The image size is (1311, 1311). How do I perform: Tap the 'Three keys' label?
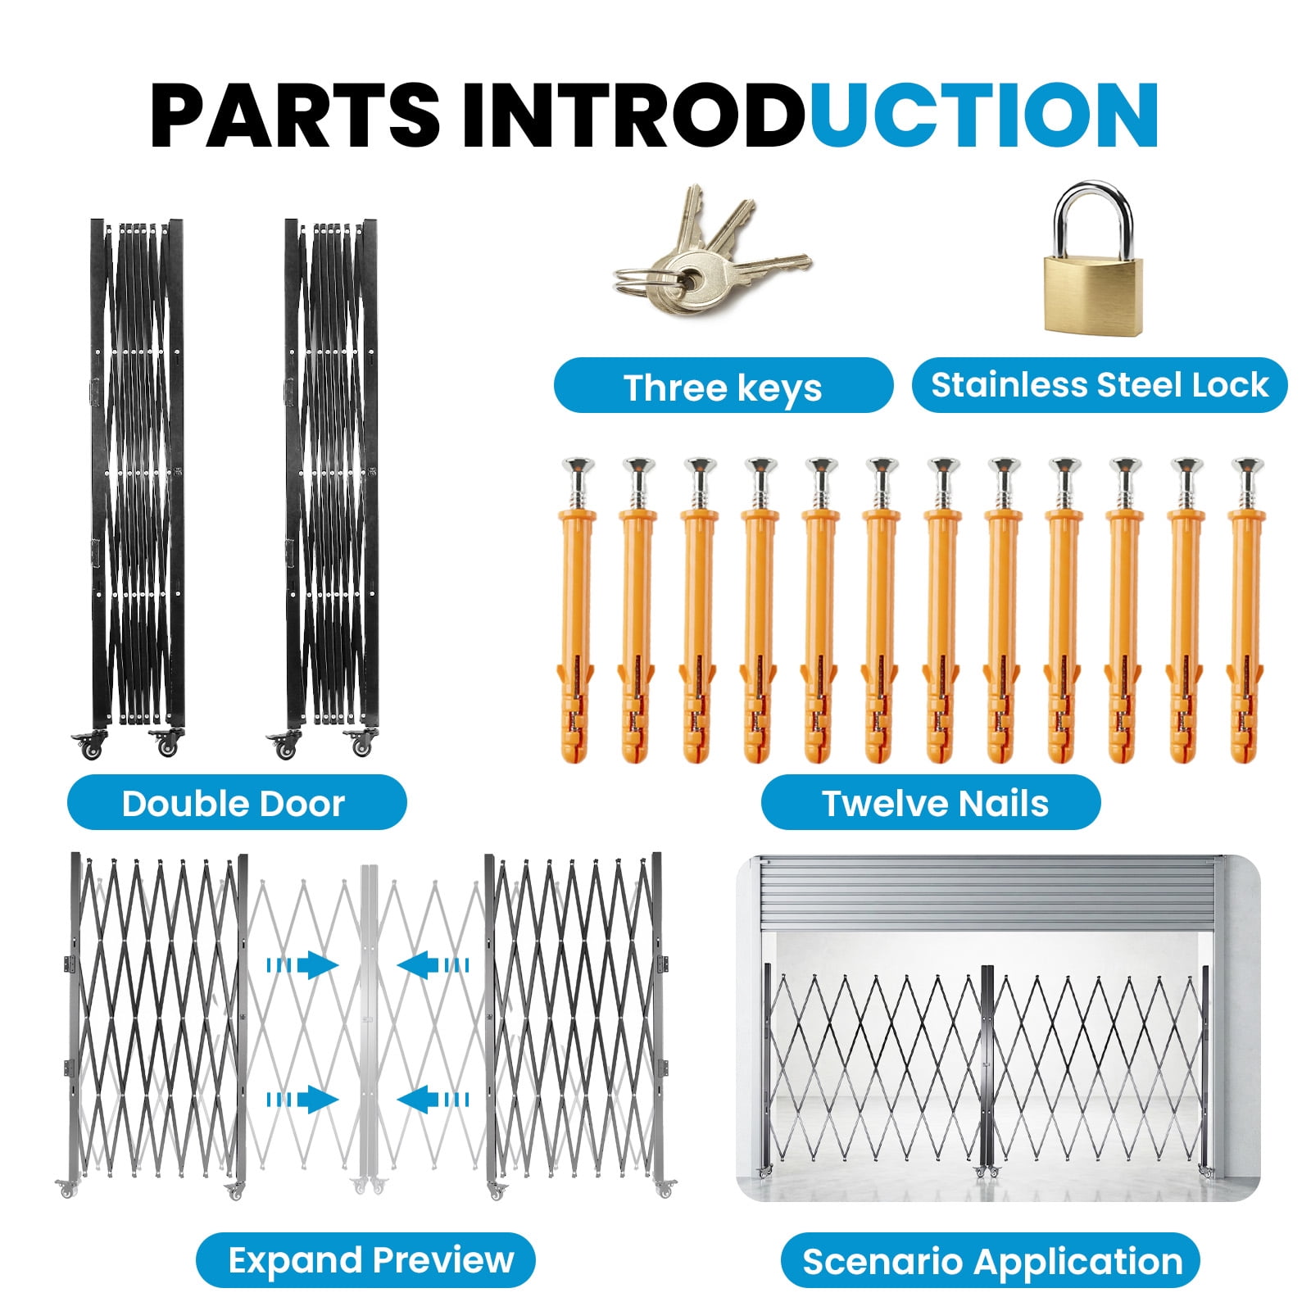(723, 386)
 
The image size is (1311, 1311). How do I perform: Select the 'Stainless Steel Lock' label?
(1100, 385)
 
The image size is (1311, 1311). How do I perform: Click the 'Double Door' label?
(236, 803)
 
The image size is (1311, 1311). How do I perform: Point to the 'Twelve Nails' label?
(931, 803)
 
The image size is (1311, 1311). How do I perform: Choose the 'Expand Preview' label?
(365, 1260)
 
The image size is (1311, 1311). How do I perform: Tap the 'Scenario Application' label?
(991, 1261)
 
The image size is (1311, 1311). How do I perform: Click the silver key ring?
(640, 281)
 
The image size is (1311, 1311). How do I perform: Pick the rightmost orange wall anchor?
(1246, 610)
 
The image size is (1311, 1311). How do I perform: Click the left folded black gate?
(137, 488)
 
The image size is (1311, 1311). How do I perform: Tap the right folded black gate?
(331, 488)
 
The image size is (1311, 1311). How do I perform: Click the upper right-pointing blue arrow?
(303, 965)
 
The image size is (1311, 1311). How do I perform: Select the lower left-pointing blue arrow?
(433, 1100)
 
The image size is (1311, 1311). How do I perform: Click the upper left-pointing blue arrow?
(433, 965)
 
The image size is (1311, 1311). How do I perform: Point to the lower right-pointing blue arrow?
(303, 1100)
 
